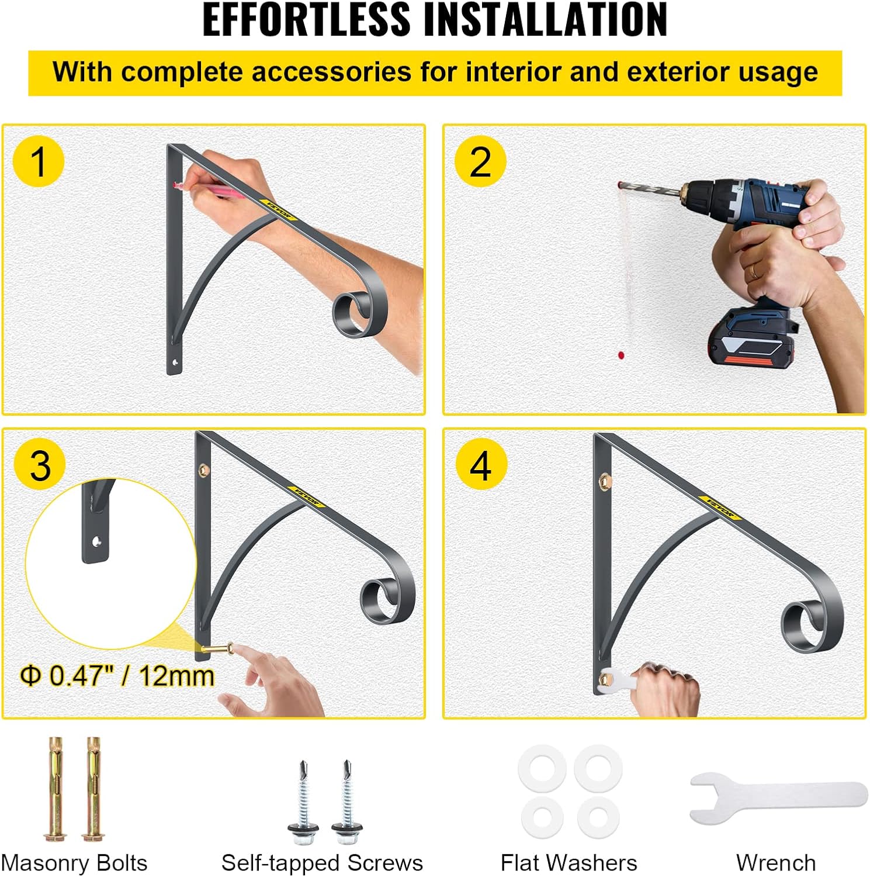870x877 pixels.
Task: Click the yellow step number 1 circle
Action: coord(38,161)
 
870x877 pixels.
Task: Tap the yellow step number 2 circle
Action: coord(480,161)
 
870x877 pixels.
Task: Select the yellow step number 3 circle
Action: coord(40,465)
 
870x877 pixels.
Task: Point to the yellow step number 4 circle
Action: coord(480,465)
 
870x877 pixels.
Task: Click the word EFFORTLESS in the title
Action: coord(306,20)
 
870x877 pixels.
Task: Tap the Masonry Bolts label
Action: coord(74,863)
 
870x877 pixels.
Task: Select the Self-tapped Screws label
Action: coord(322,863)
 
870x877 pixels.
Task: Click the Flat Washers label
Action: coord(569,863)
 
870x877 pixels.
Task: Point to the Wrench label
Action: coord(776,863)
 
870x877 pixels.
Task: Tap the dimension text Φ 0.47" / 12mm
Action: coord(117,676)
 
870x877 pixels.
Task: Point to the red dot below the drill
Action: coord(621,355)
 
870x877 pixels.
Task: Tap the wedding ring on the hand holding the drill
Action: coord(754,270)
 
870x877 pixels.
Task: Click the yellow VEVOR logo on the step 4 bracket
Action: coord(720,506)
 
